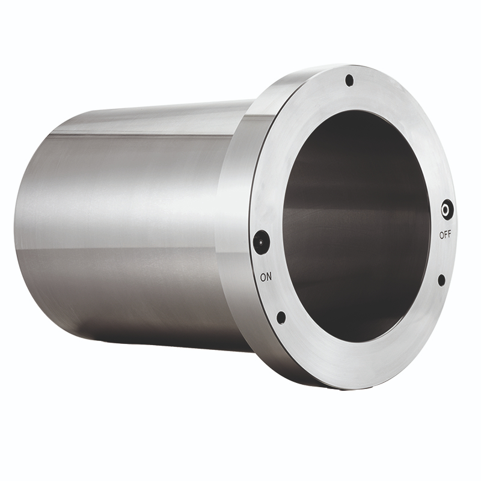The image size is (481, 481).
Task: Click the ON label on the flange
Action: coord(266,277)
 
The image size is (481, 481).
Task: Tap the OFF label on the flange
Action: coord(445,235)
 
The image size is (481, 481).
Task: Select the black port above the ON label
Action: coord(262,243)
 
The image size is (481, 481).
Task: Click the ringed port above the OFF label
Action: coord(447,210)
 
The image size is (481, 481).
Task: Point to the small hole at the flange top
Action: coord(349,81)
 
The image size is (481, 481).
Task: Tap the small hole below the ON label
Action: coord(281,318)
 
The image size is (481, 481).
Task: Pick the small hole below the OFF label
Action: coord(441,280)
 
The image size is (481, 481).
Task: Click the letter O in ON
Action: coord(263,277)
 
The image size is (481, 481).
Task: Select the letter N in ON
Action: coord(269,277)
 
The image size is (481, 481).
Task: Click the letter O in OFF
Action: coord(442,235)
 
